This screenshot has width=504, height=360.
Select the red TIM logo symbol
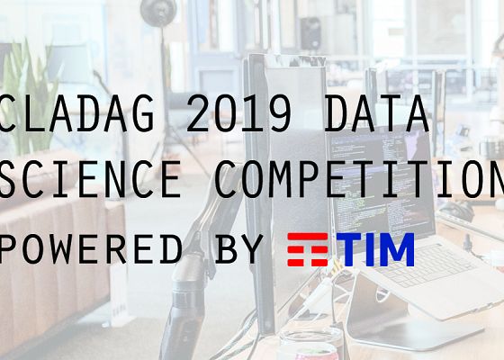(307, 248)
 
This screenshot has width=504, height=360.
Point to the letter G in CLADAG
(167, 115)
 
